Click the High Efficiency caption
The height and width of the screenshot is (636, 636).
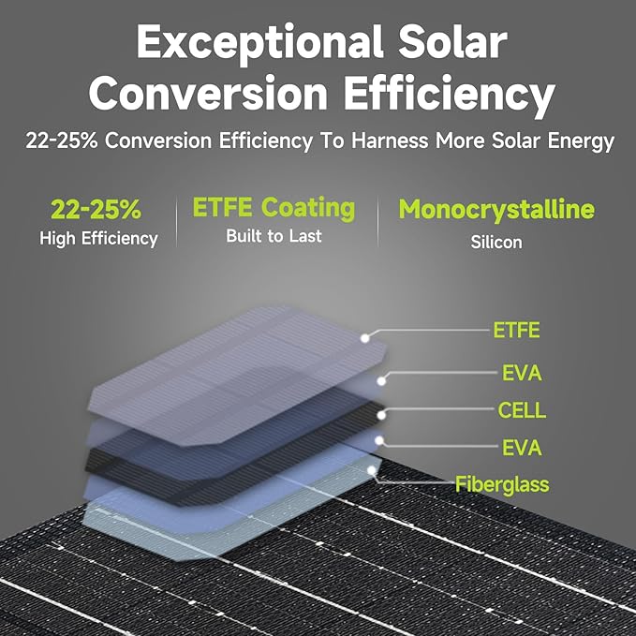click(x=98, y=239)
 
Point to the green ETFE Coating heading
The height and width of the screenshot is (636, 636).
click(x=274, y=207)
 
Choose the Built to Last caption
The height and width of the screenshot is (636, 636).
click(x=274, y=236)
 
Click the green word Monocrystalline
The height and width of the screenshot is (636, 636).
click(x=496, y=209)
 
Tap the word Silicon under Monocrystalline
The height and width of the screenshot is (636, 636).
click(x=497, y=242)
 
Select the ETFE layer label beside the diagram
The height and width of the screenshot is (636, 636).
click(x=516, y=331)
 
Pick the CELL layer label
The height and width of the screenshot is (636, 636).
click(x=522, y=410)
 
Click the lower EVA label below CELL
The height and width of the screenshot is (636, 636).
click(x=522, y=448)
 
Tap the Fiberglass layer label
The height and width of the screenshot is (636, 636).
click(x=502, y=484)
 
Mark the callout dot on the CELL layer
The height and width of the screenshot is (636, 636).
click(x=381, y=412)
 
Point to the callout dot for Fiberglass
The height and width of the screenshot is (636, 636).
click(x=373, y=470)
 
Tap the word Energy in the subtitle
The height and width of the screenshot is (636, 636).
click(x=581, y=141)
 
